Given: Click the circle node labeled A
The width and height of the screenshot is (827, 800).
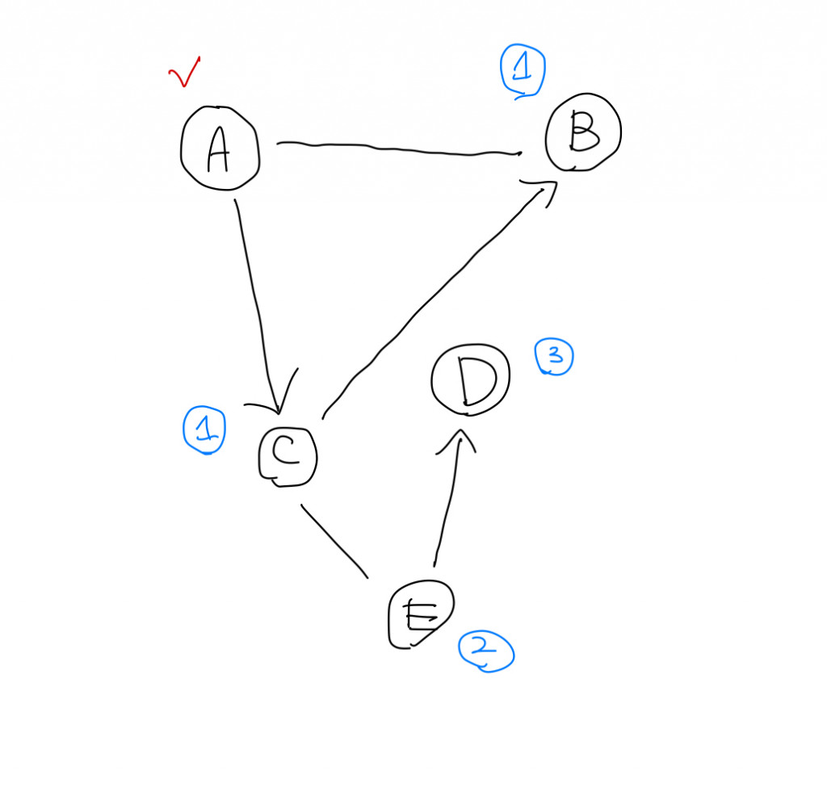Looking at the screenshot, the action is click(220, 150).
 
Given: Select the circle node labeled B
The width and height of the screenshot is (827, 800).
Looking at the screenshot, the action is click(583, 133).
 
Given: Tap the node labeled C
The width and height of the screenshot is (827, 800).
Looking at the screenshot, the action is click(288, 456).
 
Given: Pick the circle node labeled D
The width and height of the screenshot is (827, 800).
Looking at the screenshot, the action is click(470, 380).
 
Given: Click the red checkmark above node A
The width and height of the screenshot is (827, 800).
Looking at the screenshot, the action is click(184, 74).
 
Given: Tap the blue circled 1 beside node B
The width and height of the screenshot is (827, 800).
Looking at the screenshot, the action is click(523, 69).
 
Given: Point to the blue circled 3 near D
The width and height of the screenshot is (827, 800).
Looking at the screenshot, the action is click(554, 357).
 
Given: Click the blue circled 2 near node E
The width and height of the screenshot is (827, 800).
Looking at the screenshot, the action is click(486, 651).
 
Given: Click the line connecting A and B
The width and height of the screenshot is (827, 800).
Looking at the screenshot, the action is click(396, 149).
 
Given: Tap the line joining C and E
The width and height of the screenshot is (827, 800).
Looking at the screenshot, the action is click(334, 541).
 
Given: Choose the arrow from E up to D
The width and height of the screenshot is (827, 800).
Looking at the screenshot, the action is click(447, 501).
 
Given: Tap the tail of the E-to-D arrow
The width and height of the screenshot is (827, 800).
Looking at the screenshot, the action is click(434, 563).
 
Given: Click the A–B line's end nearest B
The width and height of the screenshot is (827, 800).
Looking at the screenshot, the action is click(517, 152).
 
